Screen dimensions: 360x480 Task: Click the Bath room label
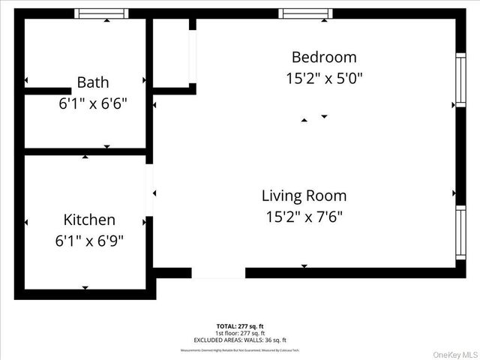[93, 82]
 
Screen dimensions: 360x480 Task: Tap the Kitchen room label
[89, 220]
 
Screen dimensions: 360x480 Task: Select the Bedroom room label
[324, 57]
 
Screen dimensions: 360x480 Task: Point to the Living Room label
[304, 196]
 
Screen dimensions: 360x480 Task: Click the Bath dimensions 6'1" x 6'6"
[93, 103]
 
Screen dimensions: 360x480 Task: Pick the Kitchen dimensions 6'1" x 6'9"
[89, 241]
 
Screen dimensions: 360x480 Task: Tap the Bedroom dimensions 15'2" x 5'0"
[324, 78]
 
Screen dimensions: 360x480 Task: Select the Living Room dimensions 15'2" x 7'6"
[304, 217]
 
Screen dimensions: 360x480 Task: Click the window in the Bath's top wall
[103, 13]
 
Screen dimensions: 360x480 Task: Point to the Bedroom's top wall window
[305, 13]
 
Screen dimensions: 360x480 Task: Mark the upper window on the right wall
[460, 80]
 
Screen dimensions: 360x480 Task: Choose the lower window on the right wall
[460, 232]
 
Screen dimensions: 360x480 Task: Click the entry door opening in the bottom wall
[218, 273]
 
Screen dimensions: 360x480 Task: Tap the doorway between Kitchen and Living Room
[149, 190]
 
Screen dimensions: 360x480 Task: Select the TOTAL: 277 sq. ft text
[240, 325]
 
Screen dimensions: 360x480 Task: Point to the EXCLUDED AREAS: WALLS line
[240, 340]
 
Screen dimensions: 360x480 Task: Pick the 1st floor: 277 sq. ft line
[240, 333]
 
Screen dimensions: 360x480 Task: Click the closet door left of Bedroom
[193, 56]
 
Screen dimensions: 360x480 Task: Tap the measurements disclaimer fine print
[240, 349]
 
